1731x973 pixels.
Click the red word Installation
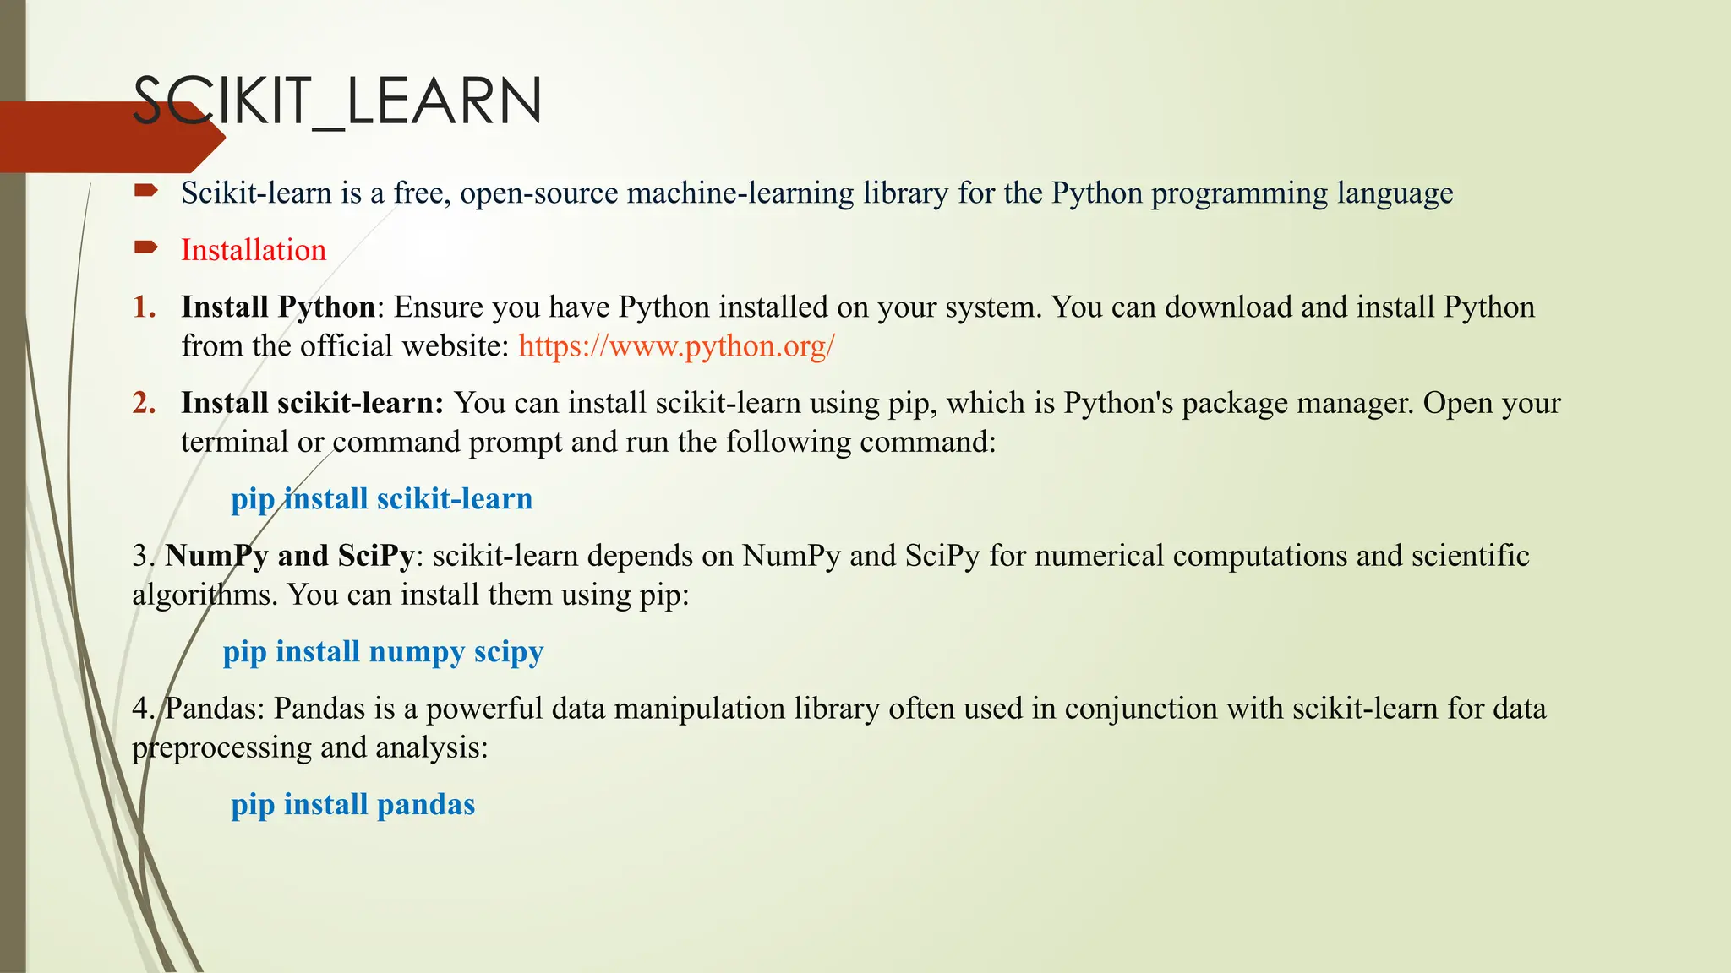253,250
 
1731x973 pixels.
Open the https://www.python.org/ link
676,346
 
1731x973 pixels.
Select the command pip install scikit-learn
381,499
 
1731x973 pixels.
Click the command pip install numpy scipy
383,652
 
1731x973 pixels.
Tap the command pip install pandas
352,805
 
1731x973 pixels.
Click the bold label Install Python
278,307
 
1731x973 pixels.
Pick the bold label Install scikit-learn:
312,403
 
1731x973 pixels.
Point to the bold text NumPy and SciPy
289,556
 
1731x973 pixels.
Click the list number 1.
144,307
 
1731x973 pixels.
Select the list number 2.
144,403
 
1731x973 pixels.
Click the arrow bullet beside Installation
145,247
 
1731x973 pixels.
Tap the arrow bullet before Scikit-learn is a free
145,191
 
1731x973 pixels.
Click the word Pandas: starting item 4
214,709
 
